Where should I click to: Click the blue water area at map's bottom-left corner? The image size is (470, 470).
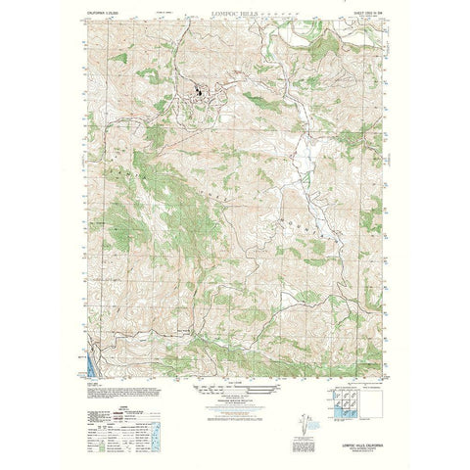[x=93, y=370]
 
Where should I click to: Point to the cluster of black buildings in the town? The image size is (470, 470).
[x=200, y=95]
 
